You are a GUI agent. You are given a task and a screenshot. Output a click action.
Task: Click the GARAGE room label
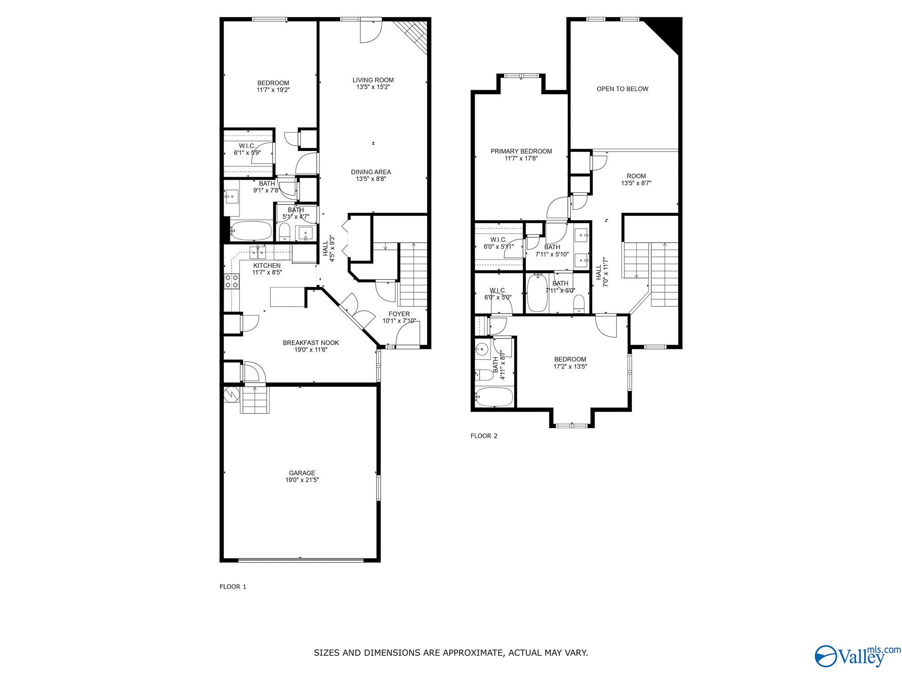[x=302, y=473]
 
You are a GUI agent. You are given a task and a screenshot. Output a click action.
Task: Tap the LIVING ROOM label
[x=373, y=80]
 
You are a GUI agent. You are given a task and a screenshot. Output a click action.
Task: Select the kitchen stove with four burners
[x=231, y=282]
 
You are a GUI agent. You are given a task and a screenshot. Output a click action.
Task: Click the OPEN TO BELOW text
[x=622, y=89]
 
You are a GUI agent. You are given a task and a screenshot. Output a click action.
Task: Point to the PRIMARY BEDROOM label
[x=521, y=151]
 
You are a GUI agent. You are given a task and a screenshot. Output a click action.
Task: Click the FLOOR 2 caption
[x=483, y=436]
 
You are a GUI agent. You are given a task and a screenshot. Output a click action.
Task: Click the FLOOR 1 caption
[x=233, y=587]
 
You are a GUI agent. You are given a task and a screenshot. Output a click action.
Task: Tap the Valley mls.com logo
[x=856, y=668]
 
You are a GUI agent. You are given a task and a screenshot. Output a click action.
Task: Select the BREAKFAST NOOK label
[x=311, y=343]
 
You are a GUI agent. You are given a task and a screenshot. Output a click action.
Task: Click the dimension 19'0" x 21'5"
[x=302, y=480]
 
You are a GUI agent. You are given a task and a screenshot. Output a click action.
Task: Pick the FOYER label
[x=399, y=314]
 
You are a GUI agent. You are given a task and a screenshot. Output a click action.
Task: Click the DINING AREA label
[x=371, y=172]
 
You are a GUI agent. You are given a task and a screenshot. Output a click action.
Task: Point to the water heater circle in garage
[x=232, y=395]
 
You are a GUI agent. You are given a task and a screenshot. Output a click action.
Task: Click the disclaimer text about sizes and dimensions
[x=451, y=653]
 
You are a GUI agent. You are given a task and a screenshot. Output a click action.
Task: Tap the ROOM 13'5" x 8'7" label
[x=636, y=179]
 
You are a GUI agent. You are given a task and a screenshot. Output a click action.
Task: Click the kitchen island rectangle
[x=287, y=297]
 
